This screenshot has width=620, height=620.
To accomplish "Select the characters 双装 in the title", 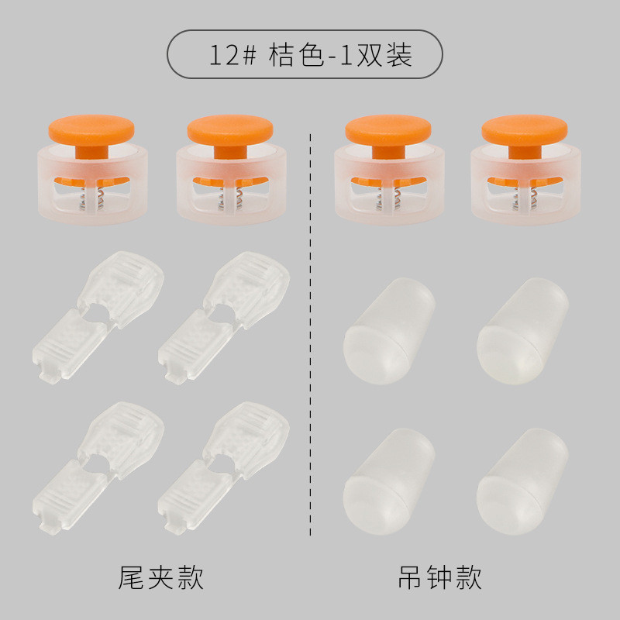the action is click(384, 54).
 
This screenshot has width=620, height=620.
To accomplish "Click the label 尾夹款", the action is click(160, 578).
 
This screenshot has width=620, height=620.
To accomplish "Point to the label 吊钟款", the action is click(439, 578).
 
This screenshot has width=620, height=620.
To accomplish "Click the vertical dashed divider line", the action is click(311, 335).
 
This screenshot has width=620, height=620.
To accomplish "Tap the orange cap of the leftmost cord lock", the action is click(91, 130).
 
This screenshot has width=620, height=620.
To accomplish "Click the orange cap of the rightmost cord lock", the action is click(525, 130).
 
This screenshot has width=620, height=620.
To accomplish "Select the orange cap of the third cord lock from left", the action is click(388, 130).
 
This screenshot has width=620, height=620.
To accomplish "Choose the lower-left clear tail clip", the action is click(98, 468).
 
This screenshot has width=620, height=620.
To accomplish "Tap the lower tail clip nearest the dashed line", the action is click(223, 468).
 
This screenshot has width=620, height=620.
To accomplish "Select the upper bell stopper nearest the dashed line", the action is click(389, 332).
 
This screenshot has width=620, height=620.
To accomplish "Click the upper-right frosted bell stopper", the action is click(522, 332).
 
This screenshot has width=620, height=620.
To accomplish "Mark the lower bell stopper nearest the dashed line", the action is click(389, 481).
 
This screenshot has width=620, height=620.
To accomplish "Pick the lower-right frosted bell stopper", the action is click(522, 481).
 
